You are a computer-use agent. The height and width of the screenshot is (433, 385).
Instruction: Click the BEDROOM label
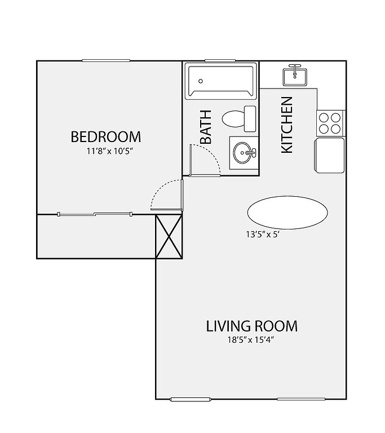pyautogui.click(x=106, y=137)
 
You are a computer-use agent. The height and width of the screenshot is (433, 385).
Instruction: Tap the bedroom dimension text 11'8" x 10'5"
pyautogui.click(x=110, y=151)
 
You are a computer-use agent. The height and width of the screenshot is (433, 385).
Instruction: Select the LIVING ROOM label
pyautogui.click(x=251, y=326)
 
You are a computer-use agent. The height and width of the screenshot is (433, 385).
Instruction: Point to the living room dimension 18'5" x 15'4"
pyautogui.click(x=250, y=339)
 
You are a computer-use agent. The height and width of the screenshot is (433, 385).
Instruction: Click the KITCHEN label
pyautogui.click(x=287, y=125)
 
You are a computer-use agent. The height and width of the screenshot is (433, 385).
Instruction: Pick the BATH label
pyautogui.click(x=206, y=127)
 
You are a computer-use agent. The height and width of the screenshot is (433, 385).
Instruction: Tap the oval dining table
pyautogui.click(x=287, y=213)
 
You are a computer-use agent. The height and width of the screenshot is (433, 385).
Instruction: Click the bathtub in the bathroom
pyautogui.click(x=220, y=81)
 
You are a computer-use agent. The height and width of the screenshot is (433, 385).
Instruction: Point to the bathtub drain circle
pyautogui.click(x=201, y=81)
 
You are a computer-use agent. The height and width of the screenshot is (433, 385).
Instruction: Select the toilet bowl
pyautogui.click(x=233, y=119)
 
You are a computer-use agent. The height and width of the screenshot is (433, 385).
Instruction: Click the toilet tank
pyautogui.click(x=250, y=119)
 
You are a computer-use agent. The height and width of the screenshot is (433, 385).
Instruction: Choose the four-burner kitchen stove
pyautogui.click(x=330, y=123)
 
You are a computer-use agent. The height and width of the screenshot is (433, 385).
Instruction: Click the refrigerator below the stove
pyautogui.click(x=330, y=156)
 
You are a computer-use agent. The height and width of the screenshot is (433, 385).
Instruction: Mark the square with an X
pyautogui.click(x=169, y=237)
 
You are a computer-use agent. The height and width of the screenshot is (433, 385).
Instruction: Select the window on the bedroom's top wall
pyautogui.click(x=106, y=60)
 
